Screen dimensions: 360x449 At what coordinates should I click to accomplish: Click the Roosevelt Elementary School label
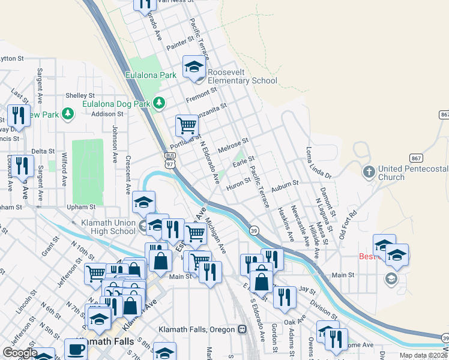[243, 76]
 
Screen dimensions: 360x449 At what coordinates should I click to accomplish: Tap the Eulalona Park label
[151, 76]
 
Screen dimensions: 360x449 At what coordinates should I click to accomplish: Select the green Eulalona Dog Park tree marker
[159, 103]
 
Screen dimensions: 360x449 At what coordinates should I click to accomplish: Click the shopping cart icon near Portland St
[187, 126]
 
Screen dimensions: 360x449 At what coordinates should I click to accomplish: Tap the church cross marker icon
[369, 172]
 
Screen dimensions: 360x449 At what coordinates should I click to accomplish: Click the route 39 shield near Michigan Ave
[255, 230]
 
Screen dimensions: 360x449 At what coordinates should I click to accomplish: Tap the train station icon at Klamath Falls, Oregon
[242, 329]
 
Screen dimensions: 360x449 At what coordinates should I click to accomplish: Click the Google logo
[20, 353]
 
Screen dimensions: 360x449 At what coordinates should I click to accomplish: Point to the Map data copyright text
[424, 355]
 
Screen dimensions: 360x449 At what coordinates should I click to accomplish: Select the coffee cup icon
[76, 349]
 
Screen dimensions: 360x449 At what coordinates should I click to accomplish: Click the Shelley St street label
[80, 95]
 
